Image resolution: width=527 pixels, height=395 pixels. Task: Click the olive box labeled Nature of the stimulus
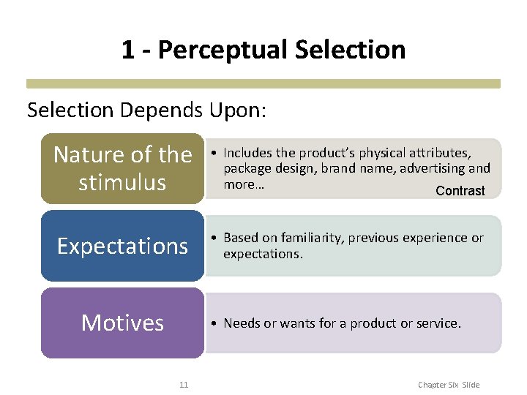122,168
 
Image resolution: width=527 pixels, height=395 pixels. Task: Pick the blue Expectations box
122,246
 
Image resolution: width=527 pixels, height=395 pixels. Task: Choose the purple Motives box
122,323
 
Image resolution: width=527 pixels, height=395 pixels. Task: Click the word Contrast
460,191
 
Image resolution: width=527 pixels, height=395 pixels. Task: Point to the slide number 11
184,385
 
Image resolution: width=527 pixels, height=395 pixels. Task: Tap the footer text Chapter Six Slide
448,385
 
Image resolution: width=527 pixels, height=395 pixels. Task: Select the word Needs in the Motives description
240,323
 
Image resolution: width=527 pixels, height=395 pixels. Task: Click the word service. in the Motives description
441,323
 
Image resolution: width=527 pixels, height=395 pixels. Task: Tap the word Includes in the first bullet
247,153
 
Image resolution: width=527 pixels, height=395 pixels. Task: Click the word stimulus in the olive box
122,182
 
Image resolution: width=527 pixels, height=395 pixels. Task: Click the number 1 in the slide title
128,50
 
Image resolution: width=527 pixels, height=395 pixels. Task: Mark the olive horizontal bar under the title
263,84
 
